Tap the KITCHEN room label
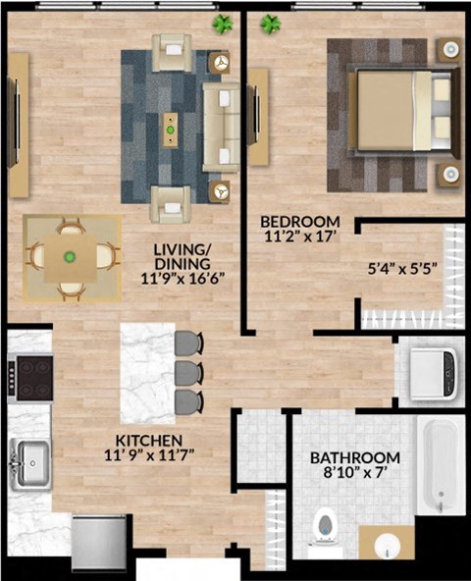click(148, 440)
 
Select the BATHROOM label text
click(354, 458)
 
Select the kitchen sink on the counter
click(31, 457)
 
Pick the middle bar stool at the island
click(188, 372)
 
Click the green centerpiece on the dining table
click(70, 257)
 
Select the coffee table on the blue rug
click(171, 125)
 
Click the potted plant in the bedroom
click(270, 23)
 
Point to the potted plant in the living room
click(224, 23)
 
